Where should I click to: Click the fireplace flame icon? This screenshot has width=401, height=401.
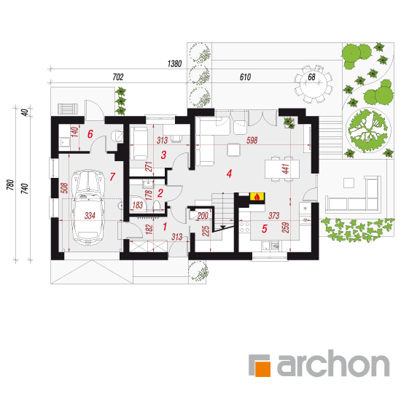click(x=257, y=196)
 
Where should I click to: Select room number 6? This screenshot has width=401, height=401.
click(x=90, y=133)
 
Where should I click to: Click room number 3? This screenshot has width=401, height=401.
click(x=163, y=155)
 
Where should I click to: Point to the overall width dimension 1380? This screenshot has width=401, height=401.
click(x=175, y=63)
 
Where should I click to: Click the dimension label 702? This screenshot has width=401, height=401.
click(x=118, y=77)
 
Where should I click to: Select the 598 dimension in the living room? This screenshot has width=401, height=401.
click(x=252, y=140)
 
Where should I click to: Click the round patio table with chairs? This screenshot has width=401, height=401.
click(x=314, y=84)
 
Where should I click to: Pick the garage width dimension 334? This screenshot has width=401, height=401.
click(x=90, y=216)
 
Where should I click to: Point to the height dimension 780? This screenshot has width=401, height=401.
click(x=10, y=184)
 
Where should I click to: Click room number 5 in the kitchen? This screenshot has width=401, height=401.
click(x=265, y=228)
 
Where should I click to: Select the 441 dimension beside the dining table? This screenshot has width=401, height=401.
click(x=286, y=169)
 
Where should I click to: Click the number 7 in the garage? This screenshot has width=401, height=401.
click(x=112, y=176)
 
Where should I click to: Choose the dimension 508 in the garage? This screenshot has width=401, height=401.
click(x=65, y=187)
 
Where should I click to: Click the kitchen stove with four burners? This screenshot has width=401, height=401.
click(x=244, y=227)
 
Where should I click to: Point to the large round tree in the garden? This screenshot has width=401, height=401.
click(x=368, y=131)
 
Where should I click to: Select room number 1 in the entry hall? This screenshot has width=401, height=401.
click(x=165, y=227)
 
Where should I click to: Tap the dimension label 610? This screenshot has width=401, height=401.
click(x=245, y=77)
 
